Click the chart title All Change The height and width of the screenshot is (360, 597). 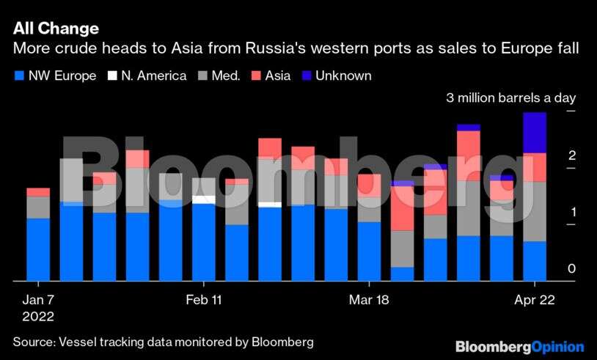56,29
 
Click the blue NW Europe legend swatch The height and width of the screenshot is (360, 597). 19,76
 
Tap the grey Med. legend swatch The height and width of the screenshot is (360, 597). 202,76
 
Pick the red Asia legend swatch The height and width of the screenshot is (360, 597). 256,76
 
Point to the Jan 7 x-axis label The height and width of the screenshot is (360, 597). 38,300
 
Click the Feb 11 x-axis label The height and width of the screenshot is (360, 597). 204,300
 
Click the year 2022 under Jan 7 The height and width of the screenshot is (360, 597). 38,317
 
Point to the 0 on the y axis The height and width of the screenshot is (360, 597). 571,269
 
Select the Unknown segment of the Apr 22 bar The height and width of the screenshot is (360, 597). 535,133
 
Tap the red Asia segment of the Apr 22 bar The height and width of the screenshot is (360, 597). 535,167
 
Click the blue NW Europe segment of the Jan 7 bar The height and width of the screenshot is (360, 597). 38,249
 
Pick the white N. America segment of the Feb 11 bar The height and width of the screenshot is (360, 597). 204,199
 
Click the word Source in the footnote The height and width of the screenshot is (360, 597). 33,342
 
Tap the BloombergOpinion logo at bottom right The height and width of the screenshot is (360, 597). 519,346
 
